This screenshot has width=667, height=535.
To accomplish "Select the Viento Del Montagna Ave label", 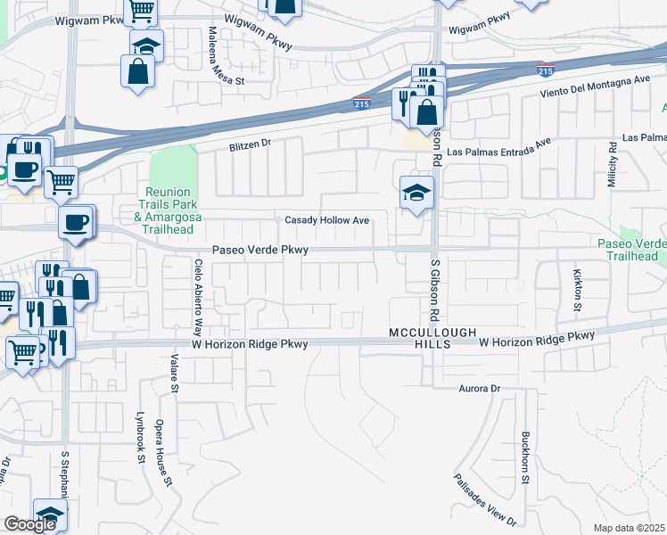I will [x=595, y=86].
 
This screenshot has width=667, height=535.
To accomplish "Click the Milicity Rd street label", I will [x=613, y=169].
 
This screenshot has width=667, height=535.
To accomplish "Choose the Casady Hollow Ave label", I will [x=326, y=220].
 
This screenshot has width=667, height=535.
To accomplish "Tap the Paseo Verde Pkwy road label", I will [x=259, y=251].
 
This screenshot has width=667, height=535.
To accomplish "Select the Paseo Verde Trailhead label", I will [x=633, y=250].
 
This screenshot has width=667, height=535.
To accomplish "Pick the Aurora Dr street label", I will [x=481, y=389].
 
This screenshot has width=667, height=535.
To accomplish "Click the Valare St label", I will [x=175, y=376].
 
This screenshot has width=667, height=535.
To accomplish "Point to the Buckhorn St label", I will [x=525, y=459].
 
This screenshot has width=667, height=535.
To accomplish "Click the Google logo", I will [x=30, y=524].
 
